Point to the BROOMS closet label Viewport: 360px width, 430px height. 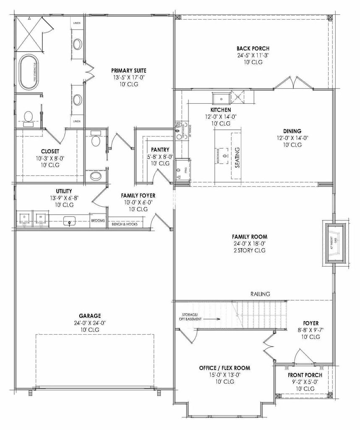(98, 220)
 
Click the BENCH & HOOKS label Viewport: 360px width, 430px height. (125, 224)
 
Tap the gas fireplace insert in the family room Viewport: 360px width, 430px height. (335, 243)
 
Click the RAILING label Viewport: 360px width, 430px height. (260, 294)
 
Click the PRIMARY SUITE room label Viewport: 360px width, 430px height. (128, 70)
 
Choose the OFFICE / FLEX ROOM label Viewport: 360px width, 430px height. (224, 368)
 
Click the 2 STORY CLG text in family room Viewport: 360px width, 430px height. (250, 250)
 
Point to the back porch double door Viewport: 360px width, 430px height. (294, 83)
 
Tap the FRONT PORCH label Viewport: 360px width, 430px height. (305, 375)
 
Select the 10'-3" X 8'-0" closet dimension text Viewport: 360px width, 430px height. (50, 158)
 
